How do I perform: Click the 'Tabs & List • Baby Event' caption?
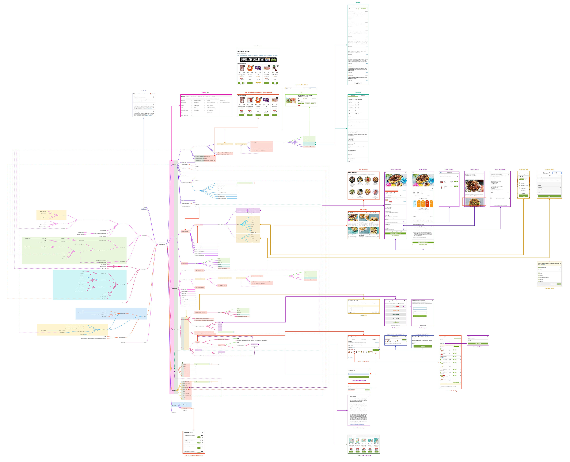point(364,456)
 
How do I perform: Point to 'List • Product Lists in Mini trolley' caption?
point(194,456)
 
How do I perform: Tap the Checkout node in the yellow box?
point(104,330)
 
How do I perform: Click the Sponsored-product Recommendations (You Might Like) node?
point(205,160)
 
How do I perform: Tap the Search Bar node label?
point(174,412)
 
